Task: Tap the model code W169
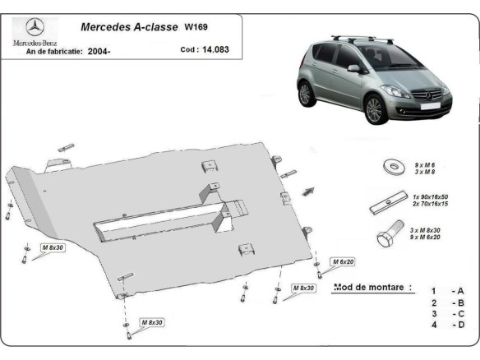point(196,26)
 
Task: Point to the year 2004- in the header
point(99,50)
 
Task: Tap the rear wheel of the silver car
point(306,93)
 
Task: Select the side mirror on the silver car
point(353,69)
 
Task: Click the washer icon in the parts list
point(393,167)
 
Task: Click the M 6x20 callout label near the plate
point(343,261)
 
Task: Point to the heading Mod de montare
point(372,288)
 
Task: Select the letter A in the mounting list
point(460,291)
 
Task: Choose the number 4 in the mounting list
point(432,325)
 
